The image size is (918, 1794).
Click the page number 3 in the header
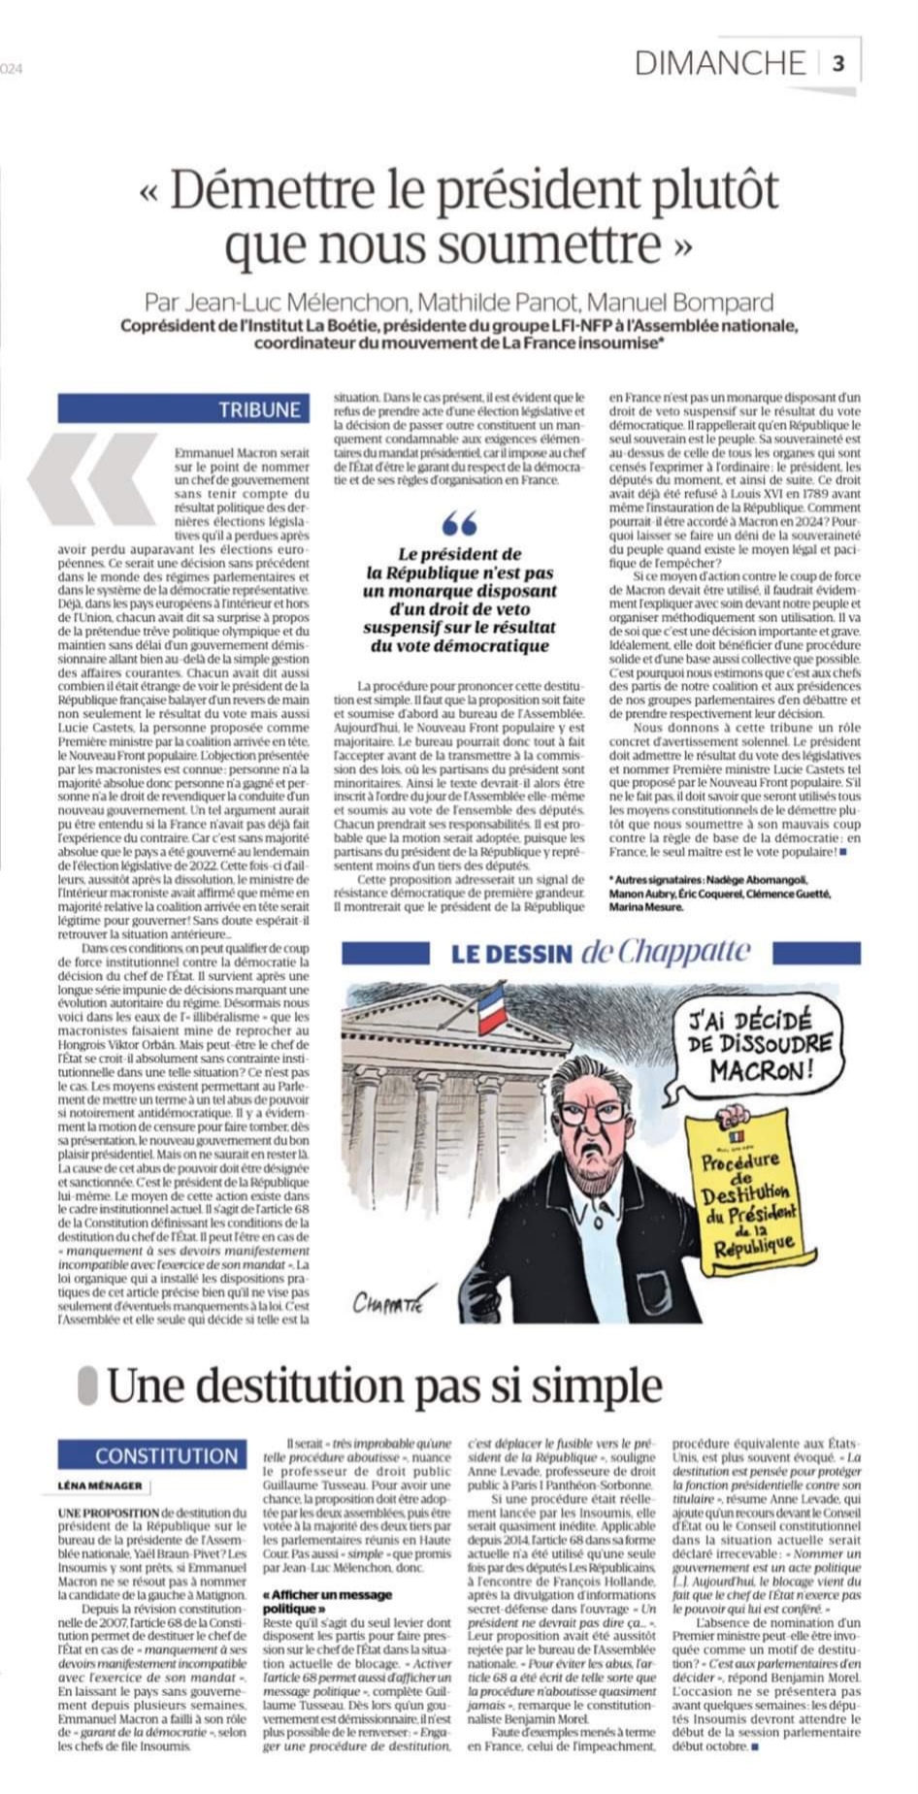click(x=837, y=64)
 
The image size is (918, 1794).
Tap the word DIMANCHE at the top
click(x=720, y=64)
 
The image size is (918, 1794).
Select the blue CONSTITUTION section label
click(x=166, y=1455)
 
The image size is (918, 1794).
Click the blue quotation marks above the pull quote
click(x=459, y=525)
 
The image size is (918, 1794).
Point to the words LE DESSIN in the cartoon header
click(x=510, y=954)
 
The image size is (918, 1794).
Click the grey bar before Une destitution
click(x=87, y=1386)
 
